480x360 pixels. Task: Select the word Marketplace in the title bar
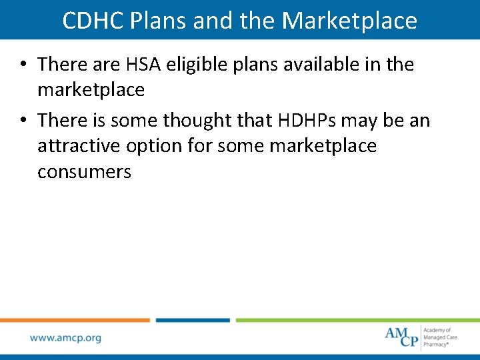349,21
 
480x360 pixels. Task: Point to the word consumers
84,171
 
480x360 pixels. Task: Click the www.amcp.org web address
65,337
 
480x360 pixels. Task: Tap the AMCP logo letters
401,336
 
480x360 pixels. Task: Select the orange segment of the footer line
75,320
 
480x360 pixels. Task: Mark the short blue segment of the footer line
193,320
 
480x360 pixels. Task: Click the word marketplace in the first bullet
91,89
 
